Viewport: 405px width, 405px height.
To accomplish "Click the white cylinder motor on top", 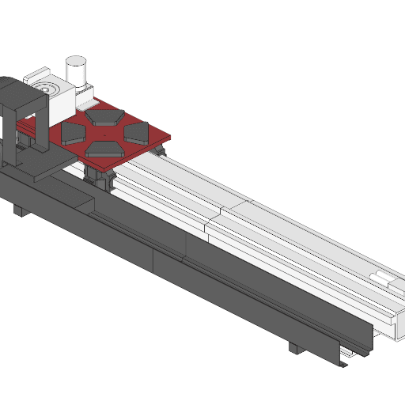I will tap(76, 69).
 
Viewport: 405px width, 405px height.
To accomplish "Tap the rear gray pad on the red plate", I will tap(104, 117).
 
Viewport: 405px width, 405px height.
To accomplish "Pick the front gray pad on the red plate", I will tap(103, 148).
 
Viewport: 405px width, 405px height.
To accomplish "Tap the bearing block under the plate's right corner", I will tap(160, 149).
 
